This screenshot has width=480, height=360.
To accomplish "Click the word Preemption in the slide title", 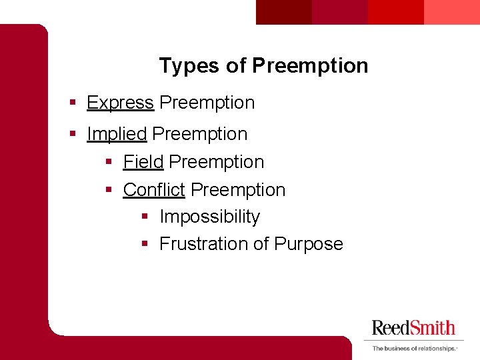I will [x=310, y=66].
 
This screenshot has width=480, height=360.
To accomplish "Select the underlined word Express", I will [x=120, y=103].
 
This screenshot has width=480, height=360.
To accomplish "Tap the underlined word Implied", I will [x=117, y=134].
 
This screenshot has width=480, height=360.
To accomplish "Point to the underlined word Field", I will [x=143, y=162].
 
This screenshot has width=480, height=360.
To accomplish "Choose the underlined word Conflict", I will [x=154, y=190].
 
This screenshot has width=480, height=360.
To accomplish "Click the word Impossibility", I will [x=209, y=217].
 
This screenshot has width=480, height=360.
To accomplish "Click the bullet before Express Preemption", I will [x=73, y=103].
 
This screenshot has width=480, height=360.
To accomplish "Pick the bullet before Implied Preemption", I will [x=73, y=135].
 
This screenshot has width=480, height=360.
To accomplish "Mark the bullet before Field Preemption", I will [x=109, y=163].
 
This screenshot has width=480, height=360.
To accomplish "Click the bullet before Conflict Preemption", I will [x=109, y=191].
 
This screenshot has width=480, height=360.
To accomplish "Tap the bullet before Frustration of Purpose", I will [x=145, y=245].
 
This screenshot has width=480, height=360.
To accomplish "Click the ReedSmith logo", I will [x=413, y=327].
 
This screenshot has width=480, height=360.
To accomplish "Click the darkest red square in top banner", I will [x=284, y=12].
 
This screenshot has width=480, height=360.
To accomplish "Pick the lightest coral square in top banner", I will [x=451, y=12].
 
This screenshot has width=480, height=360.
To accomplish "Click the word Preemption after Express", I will [x=207, y=103].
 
